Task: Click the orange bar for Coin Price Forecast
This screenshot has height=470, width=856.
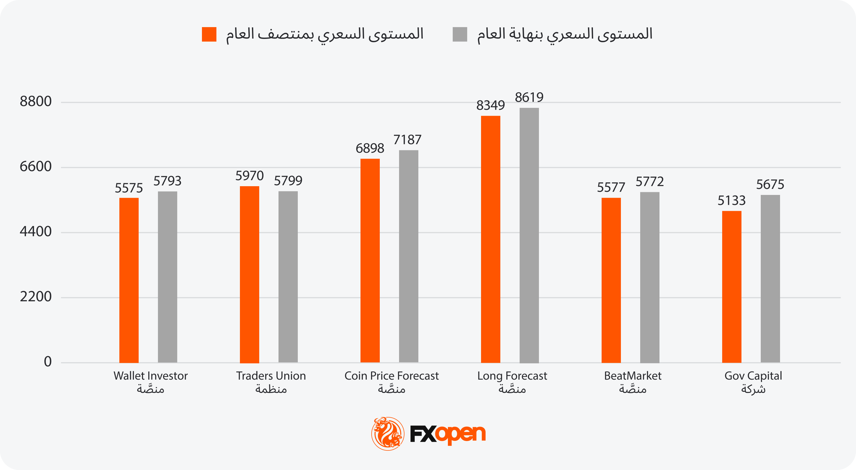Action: pyautogui.click(x=370, y=260)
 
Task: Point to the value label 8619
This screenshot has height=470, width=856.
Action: pyautogui.click(x=529, y=97)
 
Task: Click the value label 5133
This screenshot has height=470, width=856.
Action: pyautogui.click(x=732, y=201)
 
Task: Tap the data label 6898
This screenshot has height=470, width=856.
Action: pyautogui.click(x=370, y=148)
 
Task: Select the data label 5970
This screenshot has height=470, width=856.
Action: pyautogui.click(x=249, y=176)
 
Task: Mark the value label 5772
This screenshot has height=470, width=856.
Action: pyautogui.click(x=650, y=182)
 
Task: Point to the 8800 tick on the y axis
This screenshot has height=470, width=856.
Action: pyautogui.click(x=36, y=101)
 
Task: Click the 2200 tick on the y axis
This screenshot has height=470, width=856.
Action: pyautogui.click(x=36, y=297)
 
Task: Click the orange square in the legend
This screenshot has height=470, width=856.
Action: pyautogui.click(x=209, y=34)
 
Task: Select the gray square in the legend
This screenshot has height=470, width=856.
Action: pyautogui.click(x=460, y=34)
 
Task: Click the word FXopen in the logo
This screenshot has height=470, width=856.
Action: pyautogui.click(x=447, y=434)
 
